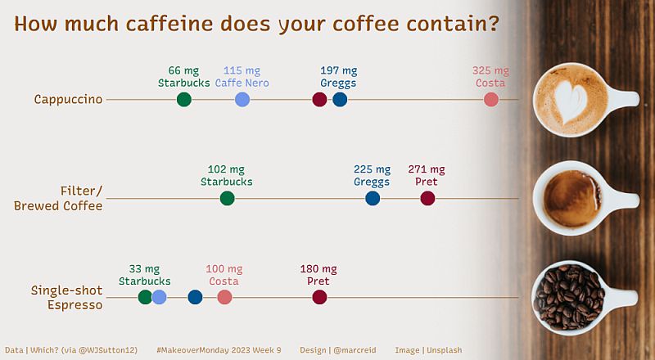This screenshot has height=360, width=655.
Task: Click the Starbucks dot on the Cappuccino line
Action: (184, 100)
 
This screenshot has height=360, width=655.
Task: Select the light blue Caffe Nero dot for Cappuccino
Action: (242, 100)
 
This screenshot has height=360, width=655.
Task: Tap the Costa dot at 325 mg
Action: (491, 100)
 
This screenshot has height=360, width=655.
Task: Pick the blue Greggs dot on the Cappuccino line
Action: (340, 100)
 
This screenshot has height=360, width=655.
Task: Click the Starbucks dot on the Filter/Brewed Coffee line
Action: (228, 198)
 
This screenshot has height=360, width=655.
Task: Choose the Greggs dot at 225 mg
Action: (373, 198)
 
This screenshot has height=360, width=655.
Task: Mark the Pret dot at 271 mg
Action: (427, 198)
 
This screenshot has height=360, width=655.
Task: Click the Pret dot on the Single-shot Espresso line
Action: (319, 297)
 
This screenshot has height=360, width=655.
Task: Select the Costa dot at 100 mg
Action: (224, 297)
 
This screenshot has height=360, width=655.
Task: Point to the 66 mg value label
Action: (184, 71)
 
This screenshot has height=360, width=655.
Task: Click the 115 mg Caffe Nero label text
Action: (242, 71)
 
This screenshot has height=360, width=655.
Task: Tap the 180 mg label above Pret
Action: (318, 268)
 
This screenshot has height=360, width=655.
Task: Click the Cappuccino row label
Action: (68, 100)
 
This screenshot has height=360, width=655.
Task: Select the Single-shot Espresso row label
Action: (66, 297)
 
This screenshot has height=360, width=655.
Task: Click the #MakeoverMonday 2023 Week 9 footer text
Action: (218, 350)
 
